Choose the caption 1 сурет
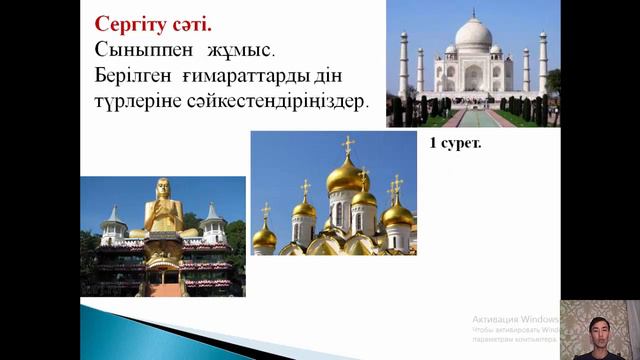coord(456,143)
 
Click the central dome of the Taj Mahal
coord(473,34)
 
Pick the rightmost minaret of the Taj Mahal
coord(542,65)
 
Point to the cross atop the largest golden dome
coord(347,144)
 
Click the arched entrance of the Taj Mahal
coord(473,77)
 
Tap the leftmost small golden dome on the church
coord(264,236)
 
